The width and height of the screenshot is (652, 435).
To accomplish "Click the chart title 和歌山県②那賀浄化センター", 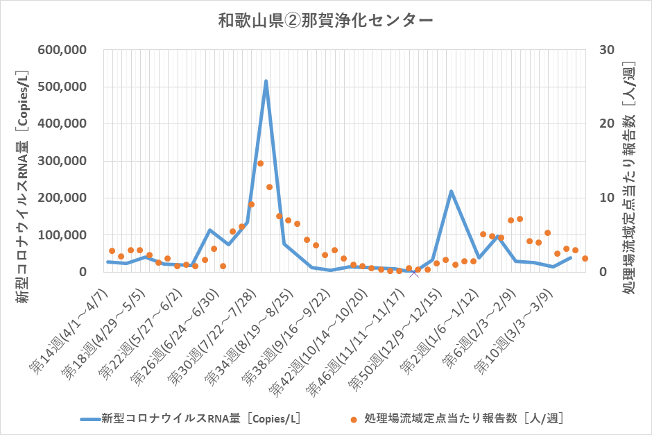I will click(x=325, y=21).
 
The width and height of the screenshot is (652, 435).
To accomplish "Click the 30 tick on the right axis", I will click(x=607, y=50).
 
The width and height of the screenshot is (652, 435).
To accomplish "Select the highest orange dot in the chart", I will click(x=260, y=164).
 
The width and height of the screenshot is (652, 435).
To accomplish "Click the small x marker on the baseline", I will click(x=414, y=273).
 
